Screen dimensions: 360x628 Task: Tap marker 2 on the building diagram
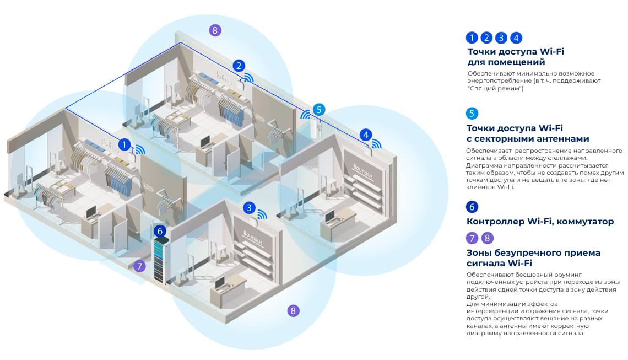pos(238,66)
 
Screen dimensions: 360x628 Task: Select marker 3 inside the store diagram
pos(250,208)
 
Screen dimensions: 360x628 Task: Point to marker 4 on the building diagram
pos(366,134)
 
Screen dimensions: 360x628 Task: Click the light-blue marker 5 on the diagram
pos(319,109)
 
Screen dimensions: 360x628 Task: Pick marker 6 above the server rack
pos(160,230)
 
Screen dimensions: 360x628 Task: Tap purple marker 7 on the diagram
pos(140,266)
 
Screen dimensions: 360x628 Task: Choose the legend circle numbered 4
pos(516,37)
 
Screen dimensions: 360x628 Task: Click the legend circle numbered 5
pos(472,114)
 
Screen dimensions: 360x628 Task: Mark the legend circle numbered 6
pos(472,207)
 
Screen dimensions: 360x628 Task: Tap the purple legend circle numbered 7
pos(472,238)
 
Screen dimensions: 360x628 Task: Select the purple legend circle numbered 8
pos(488,238)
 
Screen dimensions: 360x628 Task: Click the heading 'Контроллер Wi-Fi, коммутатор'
pos(540,222)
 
